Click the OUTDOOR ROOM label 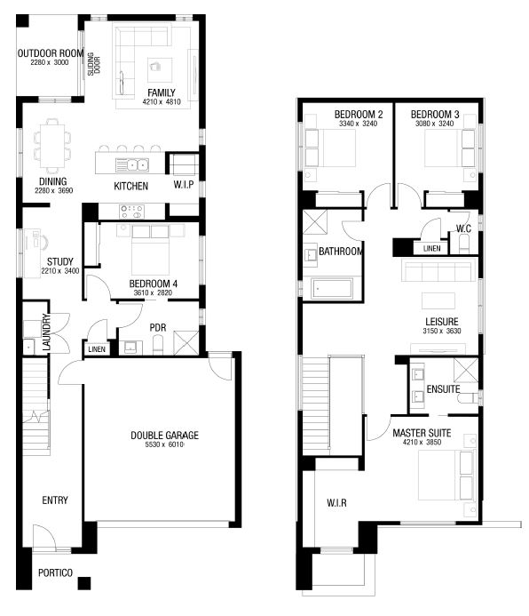tap(51, 53)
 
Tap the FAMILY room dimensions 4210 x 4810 tap(162, 102)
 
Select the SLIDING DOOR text tap(94, 64)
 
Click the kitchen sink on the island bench tap(132, 165)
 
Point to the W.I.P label tap(184, 185)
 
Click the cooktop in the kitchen tap(131, 212)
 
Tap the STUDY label tap(60, 261)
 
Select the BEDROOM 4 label tap(153, 284)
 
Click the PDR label tap(158, 328)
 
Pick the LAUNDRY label tap(46, 332)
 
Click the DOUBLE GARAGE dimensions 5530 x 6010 tap(164, 444)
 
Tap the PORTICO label tap(55, 572)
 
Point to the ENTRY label tap(55, 500)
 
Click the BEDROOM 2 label tap(359, 115)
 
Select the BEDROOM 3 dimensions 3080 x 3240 tap(435, 124)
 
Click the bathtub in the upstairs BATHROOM tap(332, 288)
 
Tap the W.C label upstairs tap(463, 228)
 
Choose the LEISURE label tap(441, 322)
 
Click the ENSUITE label tap(443, 389)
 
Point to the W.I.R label tap(336, 503)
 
